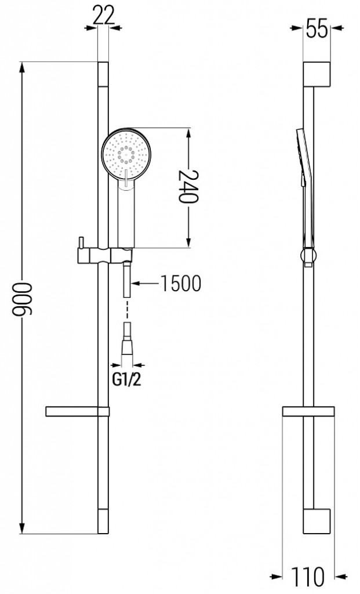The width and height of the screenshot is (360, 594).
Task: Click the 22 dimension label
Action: pos(103,14)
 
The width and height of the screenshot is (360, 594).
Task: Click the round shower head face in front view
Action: pos(126,153)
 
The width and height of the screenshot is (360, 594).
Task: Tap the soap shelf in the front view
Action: pos(77,412)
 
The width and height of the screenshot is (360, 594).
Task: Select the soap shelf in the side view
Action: pos(308,412)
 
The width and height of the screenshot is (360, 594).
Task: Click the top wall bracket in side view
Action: pos(317,73)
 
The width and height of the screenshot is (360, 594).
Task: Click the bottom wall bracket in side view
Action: pos(317,521)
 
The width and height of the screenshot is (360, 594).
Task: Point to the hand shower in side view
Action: pos(305,186)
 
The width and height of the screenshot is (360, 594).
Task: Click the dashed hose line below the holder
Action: pos(126,313)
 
